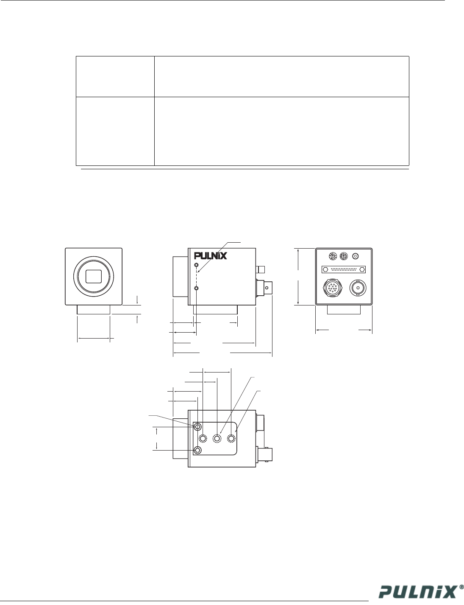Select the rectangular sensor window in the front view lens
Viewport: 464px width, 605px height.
[94, 276]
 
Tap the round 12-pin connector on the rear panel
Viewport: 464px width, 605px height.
[332, 288]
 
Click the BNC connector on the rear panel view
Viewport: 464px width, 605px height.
[358, 288]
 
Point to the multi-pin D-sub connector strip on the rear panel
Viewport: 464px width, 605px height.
[344, 269]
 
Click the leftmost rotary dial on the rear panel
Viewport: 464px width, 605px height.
[332, 256]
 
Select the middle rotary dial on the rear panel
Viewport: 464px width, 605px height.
[344, 256]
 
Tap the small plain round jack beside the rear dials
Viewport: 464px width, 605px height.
[356, 256]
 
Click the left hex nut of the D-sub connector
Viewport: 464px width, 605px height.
[325, 269]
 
